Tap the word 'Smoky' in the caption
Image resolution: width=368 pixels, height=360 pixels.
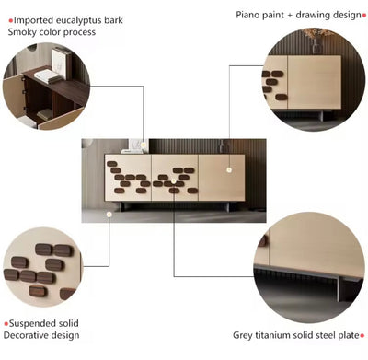(x=23, y=32)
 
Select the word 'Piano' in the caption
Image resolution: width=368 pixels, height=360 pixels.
(x=249, y=15)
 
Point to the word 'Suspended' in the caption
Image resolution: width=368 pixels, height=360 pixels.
(x=33, y=323)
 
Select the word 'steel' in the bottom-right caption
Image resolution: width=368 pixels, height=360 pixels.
(x=327, y=337)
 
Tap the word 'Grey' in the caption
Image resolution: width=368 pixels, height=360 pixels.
(x=242, y=337)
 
